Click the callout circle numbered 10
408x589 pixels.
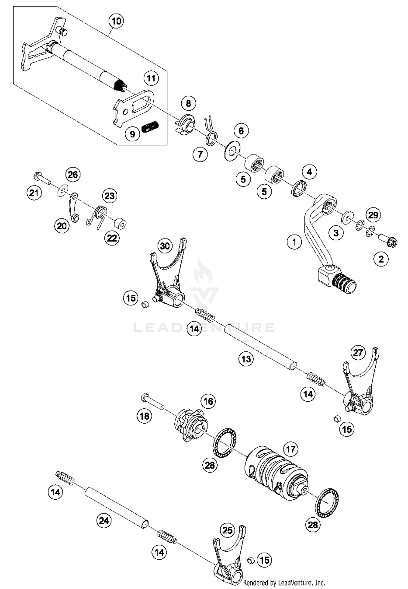point(116,21)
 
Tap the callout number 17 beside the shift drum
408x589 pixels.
point(290,449)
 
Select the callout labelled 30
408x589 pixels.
point(165,246)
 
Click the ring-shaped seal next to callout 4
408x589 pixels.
point(299,188)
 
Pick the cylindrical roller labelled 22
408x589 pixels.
point(120,224)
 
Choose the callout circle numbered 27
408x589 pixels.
point(358,353)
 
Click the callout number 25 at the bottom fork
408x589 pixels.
point(227,530)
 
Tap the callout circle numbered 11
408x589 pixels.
point(151,78)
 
